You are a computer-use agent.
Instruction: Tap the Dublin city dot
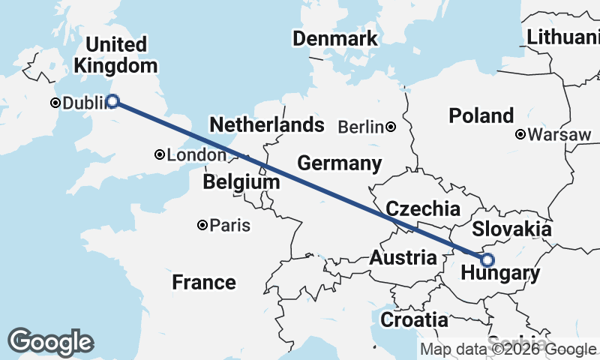pyautogui.click(x=55, y=103)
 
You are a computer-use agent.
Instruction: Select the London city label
pyautogui.click(x=196, y=155)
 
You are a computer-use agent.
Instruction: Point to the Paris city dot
pyautogui.click(x=202, y=225)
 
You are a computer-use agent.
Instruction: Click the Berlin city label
pyautogui.click(x=361, y=127)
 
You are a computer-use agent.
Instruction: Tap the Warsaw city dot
pyautogui.click(x=520, y=135)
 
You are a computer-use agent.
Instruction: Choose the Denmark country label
pyautogui.click(x=334, y=39)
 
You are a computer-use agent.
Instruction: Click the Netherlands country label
pyautogui.click(x=267, y=124)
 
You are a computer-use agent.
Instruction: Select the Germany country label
pyautogui.click(x=339, y=163)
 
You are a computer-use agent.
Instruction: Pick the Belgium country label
pyautogui.click(x=236, y=183)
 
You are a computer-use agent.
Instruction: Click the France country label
pyautogui.click(x=203, y=282)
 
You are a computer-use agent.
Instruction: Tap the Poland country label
pyautogui.click(x=481, y=116)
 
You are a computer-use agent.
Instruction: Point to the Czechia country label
pyautogui.click(x=422, y=208)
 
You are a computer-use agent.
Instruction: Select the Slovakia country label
pyautogui.click(x=512, y=229)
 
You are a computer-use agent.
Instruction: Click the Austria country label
pyautogui.click(x=403, y=259)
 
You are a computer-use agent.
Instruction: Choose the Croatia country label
pyautogui.click(x=415, y=320)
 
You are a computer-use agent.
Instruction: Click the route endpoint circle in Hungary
pyautogui.click(x=487, y=260)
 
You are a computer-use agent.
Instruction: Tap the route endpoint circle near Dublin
pyautogui.click(x=112, y=101)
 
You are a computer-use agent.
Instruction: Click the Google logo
pyautogui.click(x=50, y=342)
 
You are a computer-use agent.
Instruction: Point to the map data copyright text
pyautogui.click(x=507, y=349)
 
